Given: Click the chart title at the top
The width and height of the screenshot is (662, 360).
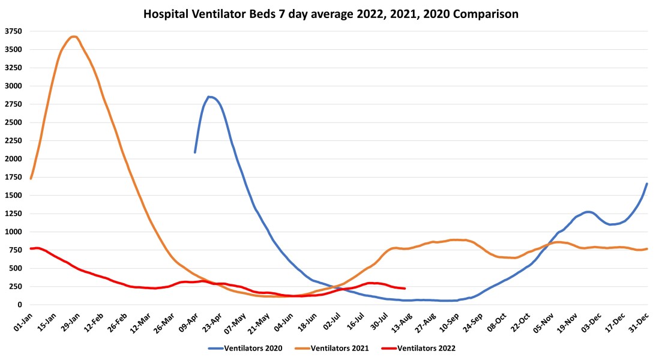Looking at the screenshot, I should click(x=331, y=13).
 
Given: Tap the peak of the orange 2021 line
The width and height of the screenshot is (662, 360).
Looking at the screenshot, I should click(x=73, y=37).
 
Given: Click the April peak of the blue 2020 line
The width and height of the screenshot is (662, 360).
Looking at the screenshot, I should click(x=209, y=97).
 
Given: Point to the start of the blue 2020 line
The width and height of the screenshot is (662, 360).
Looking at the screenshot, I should click(x=195, y=152).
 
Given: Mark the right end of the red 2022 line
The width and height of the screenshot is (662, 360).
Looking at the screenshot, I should click(x=405, y=289).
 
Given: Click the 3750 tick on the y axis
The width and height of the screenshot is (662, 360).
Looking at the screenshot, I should click(x=13, y=31).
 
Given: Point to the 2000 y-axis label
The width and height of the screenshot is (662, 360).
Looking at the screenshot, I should click(x=13, y=159).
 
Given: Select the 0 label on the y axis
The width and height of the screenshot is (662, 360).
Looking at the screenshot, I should click(x=19, y=305).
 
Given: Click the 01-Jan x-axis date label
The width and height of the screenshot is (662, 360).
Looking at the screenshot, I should click(x=22, y=321).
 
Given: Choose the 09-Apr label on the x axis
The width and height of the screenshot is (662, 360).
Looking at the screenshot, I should click(x=190, y=321).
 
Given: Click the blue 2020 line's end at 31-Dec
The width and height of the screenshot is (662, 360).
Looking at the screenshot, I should click(x=647, y=184).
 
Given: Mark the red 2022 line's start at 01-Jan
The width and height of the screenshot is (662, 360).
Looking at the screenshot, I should click(x=31, y=248).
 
